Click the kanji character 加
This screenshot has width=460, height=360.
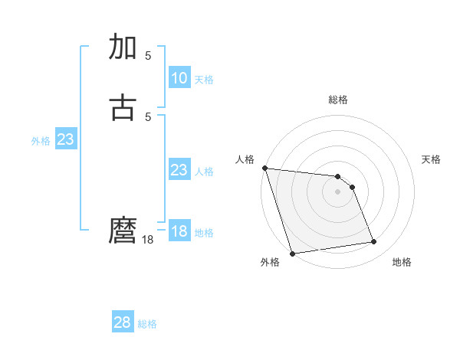pos(123,47)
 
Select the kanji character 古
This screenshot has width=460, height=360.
pos(123,107)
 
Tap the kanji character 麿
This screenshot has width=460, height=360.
pos(123,231)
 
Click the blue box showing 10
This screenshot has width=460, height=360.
pos(179,78)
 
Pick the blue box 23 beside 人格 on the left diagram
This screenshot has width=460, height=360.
pos(179,170)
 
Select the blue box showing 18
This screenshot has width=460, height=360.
pos(179,231)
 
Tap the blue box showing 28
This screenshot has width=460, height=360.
pos(123,322)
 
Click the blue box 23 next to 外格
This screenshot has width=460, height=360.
pos(65,139)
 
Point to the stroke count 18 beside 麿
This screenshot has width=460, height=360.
pos(149,240)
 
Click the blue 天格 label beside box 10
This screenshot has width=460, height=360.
pos(204,79)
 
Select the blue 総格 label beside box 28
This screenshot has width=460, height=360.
pos(147,324)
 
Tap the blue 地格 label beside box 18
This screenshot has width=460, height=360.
pos(204,233)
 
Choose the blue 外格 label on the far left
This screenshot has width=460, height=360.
pos(41,141)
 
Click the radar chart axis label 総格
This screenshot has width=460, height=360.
pos(337,100)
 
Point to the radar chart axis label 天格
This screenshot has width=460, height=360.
pos(431,159)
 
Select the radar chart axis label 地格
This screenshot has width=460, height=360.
pos(402,262)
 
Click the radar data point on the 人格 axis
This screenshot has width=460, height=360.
pos(264,168)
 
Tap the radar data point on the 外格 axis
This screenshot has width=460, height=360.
pos(292,253)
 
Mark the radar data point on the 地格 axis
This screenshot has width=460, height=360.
pos(374,242)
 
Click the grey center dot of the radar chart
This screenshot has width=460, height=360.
pos(337,191)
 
